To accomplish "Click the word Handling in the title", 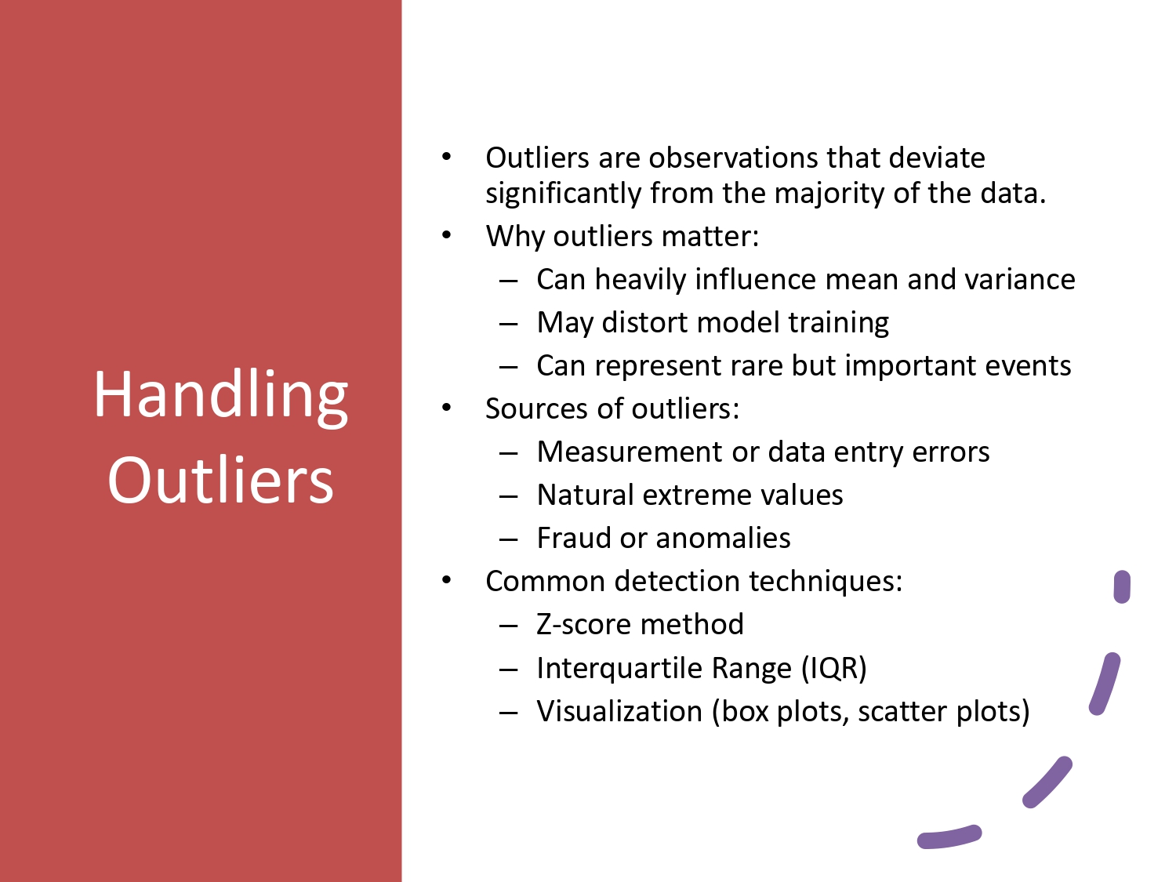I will tap(220, 395).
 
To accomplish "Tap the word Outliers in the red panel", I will tap(220, 480).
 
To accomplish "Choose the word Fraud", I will tap(574, 539).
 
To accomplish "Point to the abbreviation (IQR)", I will tap(833, 668).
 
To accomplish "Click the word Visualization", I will tap(619, 712).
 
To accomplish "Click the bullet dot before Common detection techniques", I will tap(446, 580).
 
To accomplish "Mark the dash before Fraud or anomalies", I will tap(508, 539).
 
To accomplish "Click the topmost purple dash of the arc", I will tap(1122, 586).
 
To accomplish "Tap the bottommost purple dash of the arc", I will tap(949, 837).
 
